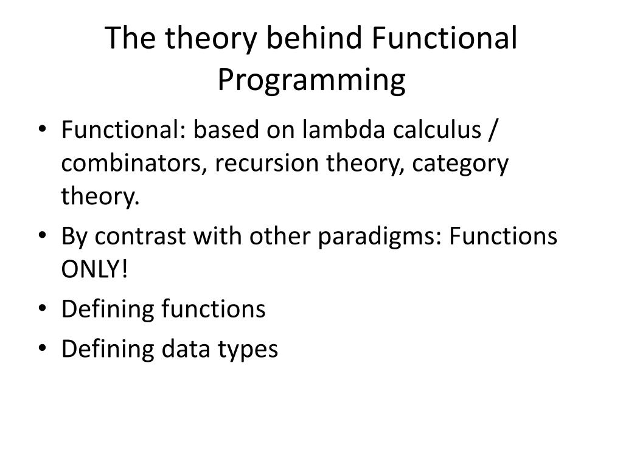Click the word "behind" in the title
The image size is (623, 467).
[314, 38]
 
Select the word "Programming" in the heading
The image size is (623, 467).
[311, 81]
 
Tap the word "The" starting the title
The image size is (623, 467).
[130, 38]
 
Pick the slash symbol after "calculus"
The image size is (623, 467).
[493, 130]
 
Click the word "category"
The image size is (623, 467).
[460, 165]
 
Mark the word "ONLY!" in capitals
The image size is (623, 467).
[94, 269]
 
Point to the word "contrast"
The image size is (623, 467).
[140, 237]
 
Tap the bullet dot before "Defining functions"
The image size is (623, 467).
[43, 308]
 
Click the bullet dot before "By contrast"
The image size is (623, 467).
[43, 235]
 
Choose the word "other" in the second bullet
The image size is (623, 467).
[280, 236]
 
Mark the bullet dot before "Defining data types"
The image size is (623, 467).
[43, 347]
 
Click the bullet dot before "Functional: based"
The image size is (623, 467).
[43, 129]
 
